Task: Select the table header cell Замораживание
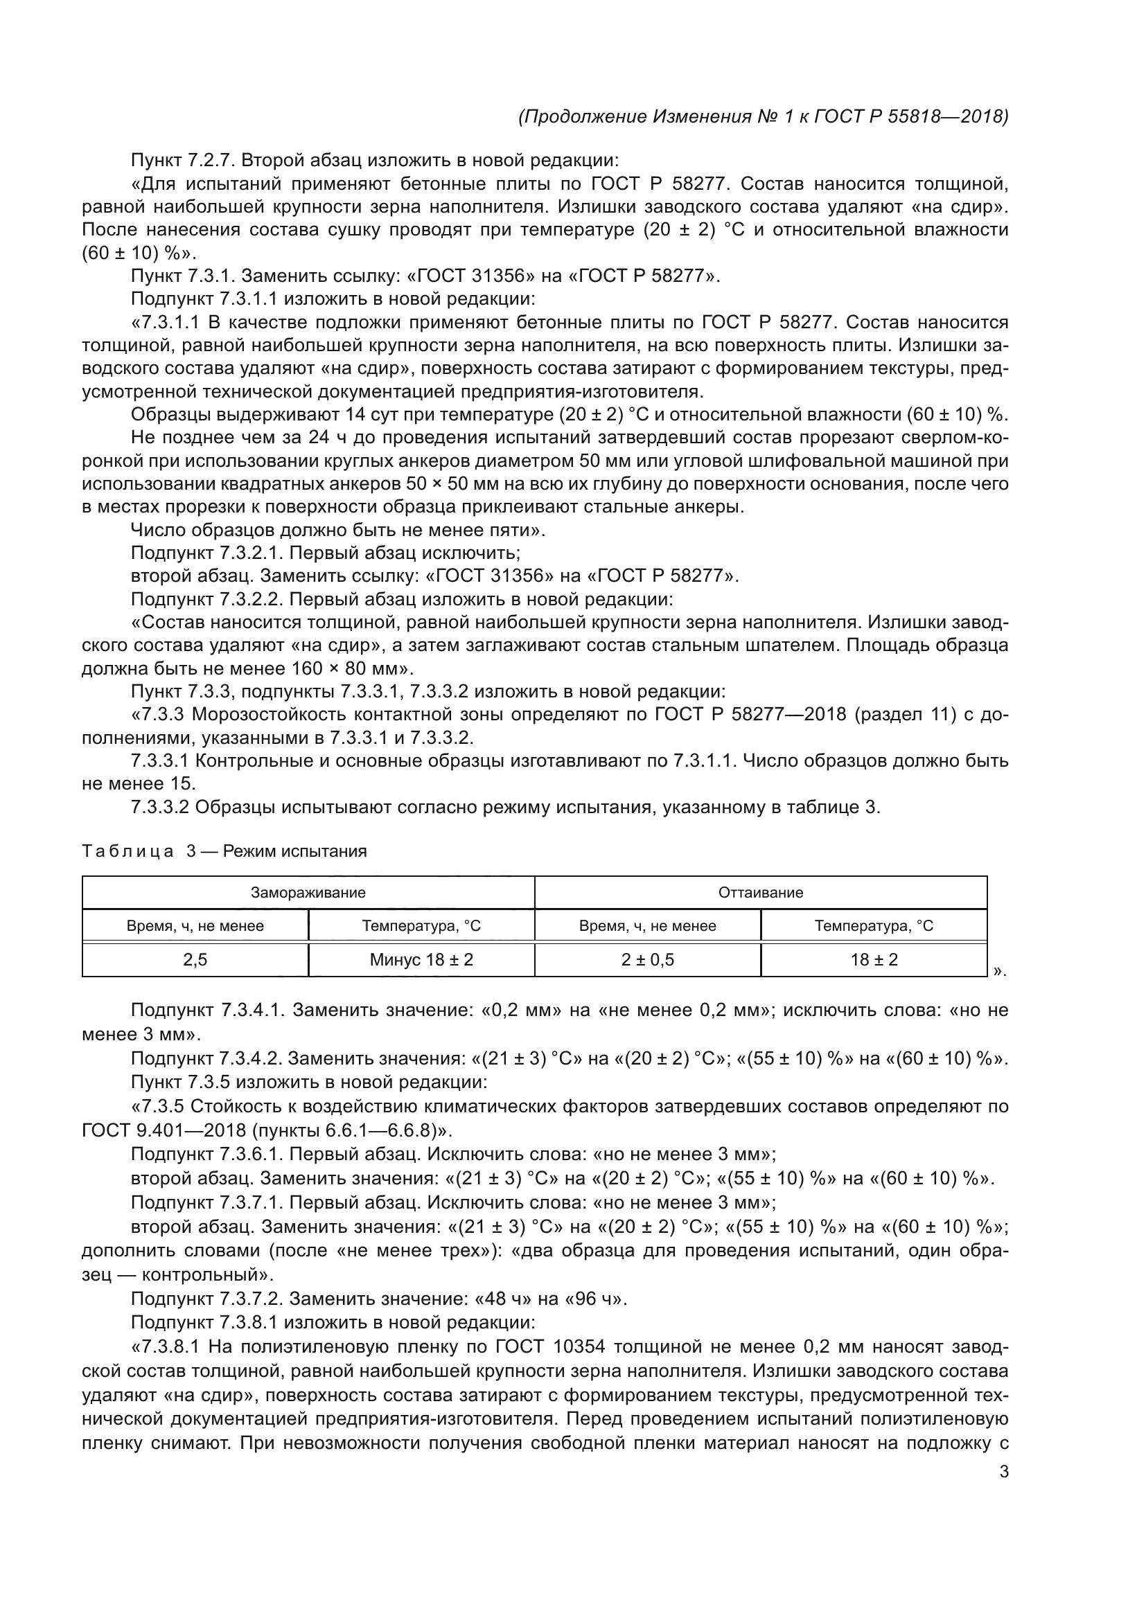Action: (308, 893)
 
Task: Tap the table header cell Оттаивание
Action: (761, 893)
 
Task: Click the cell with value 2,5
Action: (195, 959)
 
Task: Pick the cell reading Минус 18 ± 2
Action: (421, 959)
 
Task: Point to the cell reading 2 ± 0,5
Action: (648, 959)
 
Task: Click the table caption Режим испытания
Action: (295, 851)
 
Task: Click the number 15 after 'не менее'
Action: (183, 783)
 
